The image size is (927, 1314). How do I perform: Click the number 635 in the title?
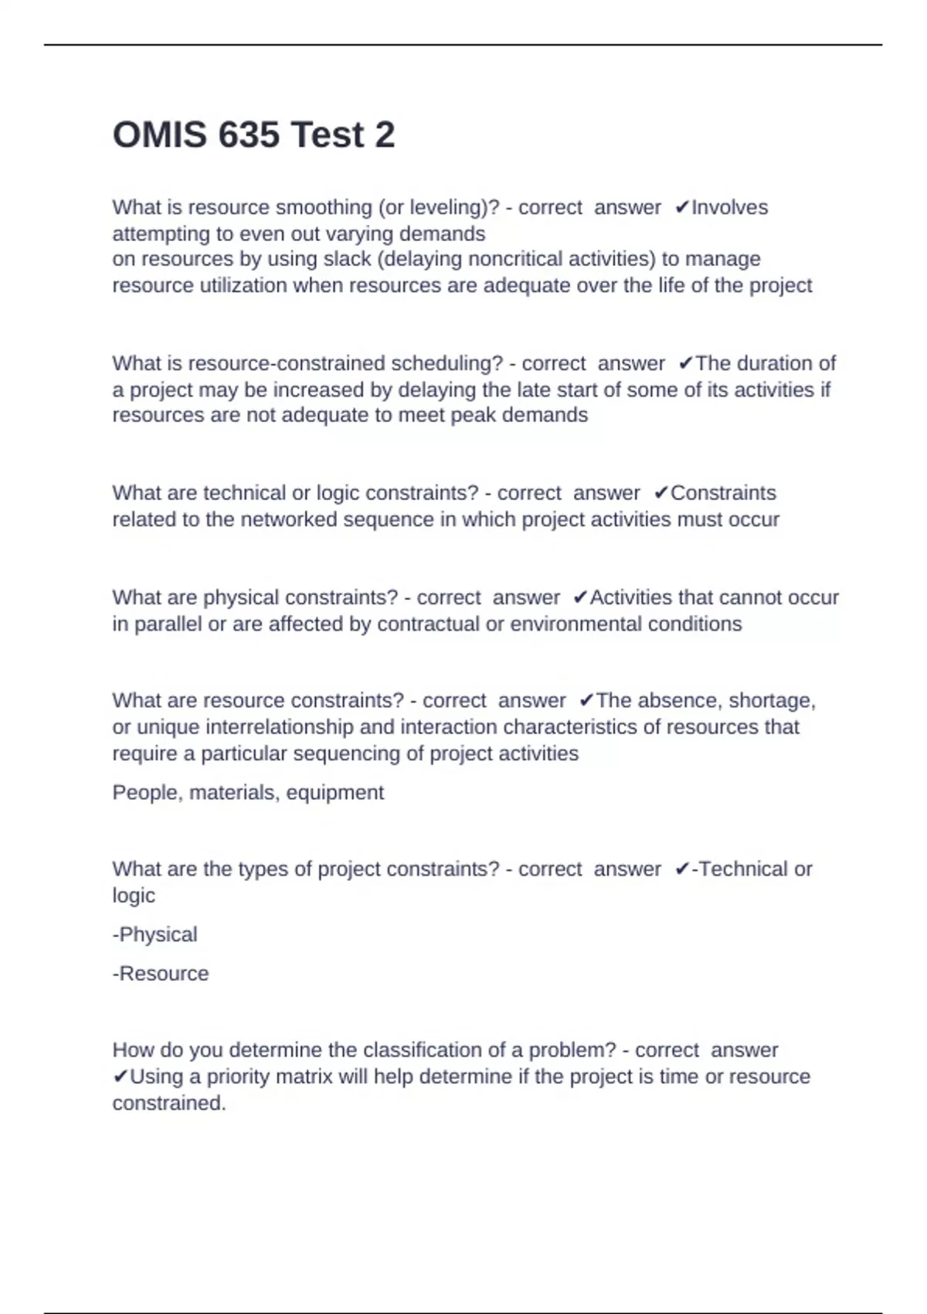249,135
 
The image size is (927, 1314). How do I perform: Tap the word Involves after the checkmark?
729,208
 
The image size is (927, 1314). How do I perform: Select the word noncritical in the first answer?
513,259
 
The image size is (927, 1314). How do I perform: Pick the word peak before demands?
473,416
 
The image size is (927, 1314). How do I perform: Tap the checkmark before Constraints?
660,493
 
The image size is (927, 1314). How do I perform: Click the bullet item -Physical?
154,935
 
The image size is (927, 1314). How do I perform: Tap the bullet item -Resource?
161,974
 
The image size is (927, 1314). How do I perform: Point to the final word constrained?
168,1104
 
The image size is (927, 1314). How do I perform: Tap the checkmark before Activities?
580,598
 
